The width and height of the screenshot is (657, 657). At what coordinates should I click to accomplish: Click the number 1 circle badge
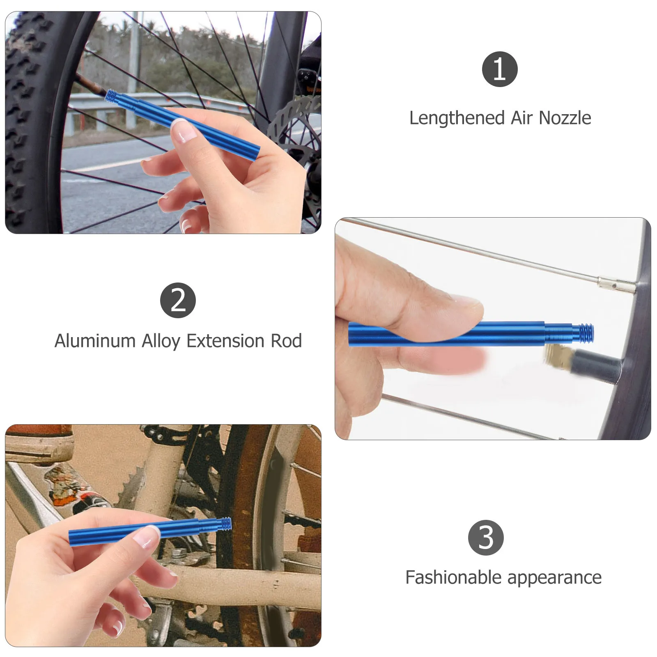click(x=499, y=69)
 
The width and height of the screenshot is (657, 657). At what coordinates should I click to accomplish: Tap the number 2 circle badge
click(x=178, y=300)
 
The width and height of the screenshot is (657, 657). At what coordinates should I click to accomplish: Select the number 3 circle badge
click(x=486, y=538)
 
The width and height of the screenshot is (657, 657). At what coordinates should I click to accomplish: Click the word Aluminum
click(x=95, y=341)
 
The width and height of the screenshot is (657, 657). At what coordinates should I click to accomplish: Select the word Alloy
click(x=161, y=341)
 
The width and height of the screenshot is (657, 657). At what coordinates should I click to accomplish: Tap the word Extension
click(x=225, y=341)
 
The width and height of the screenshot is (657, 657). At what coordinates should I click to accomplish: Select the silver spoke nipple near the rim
click(x=615, y=284)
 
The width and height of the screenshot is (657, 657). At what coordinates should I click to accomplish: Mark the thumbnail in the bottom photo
click(x=149, y=536)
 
